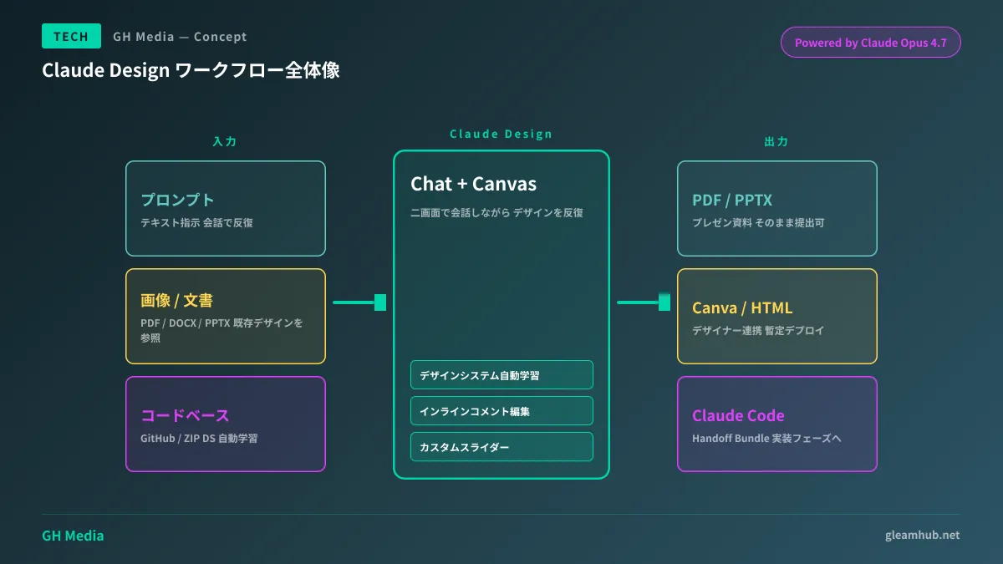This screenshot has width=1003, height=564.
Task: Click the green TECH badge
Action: tap(71, 36)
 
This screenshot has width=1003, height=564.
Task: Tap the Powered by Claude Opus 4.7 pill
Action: tap(870, 43)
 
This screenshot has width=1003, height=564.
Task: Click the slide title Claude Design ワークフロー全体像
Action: tap(191, 71)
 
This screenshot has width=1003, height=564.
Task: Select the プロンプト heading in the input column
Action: tap(177, 200)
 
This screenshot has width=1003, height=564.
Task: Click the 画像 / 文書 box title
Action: tap(182, 301)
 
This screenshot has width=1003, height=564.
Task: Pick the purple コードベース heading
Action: tap(185, 415)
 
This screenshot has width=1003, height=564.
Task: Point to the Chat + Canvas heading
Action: tap(473, 184)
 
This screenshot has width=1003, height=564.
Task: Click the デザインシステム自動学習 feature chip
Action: tap(501, 375)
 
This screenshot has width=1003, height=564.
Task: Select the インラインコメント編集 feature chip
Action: tap(501, 411)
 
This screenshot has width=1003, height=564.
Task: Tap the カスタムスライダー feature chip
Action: tap(501, 447)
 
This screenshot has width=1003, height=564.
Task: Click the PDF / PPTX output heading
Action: tap(731, 201)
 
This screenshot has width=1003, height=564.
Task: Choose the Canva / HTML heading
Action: tap(741, 308)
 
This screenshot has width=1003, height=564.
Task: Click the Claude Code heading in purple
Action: tap(738, 415)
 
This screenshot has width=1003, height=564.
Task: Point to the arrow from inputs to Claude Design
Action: tap(359, 302)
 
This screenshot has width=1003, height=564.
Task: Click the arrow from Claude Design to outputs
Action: tap(644, 302)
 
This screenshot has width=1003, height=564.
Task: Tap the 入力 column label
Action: tap(225, 142)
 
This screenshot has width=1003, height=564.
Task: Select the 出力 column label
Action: tap(776, 142)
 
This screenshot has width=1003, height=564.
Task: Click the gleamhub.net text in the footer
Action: tap(922, 535)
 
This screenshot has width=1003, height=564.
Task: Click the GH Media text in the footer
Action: tap(73, 536)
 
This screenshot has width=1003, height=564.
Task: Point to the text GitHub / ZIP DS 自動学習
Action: tap(199, 438)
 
